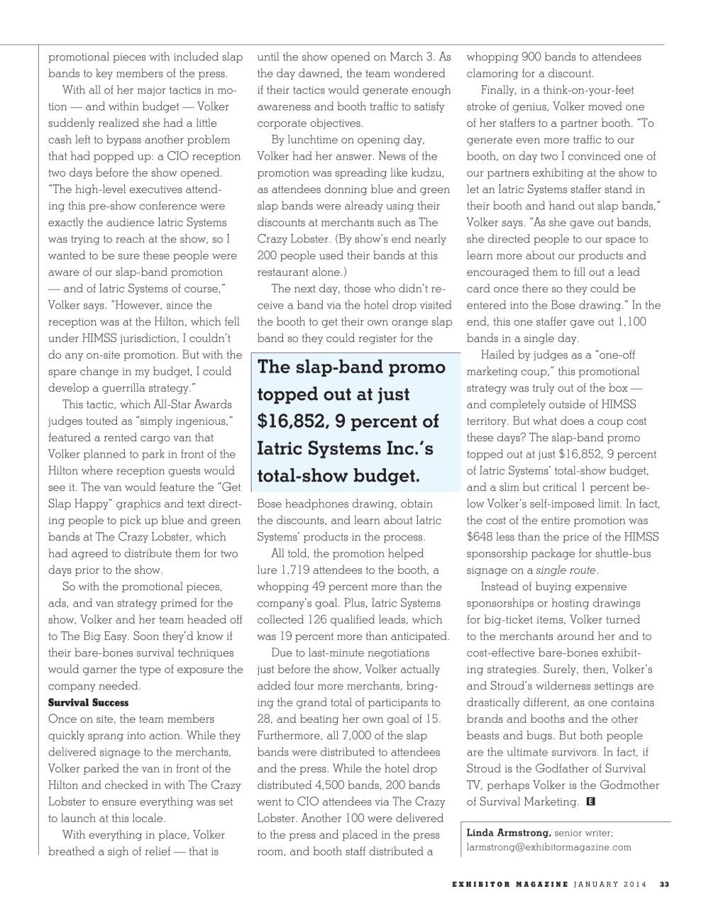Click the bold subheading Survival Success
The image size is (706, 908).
click(x=88, y=702)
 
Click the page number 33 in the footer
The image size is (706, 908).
click(x=664, y=884)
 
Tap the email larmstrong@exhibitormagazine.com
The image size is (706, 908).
click(x=548, y=847)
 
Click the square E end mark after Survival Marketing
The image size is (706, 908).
click(x=590, y=802)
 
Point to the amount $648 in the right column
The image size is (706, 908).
click(x=480, y=537)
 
